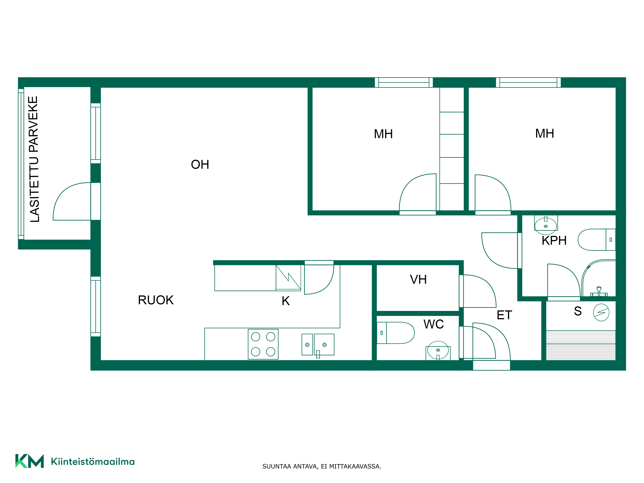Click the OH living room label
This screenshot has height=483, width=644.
[200, 165]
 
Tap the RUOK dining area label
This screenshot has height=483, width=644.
[156, 300]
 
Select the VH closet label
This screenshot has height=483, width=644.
[418, 279]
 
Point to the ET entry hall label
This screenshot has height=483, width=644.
[504, 315]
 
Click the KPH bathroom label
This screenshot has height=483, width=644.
[554, 241]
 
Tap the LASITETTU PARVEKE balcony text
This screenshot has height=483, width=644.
[34, 159]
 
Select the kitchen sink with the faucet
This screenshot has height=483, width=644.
[318, 345]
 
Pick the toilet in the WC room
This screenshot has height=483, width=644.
[395, 333]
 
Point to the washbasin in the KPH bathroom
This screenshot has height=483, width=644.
[546, 225]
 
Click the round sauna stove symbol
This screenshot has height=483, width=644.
[601, 312]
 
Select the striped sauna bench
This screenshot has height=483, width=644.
[581, 345]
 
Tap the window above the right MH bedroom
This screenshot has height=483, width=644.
[528, 82]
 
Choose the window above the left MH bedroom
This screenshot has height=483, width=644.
[404, 82]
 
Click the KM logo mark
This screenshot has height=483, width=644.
[29, 461]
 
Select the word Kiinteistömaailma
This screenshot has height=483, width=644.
[93, 461]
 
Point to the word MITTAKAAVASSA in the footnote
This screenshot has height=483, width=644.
[355, 466]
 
